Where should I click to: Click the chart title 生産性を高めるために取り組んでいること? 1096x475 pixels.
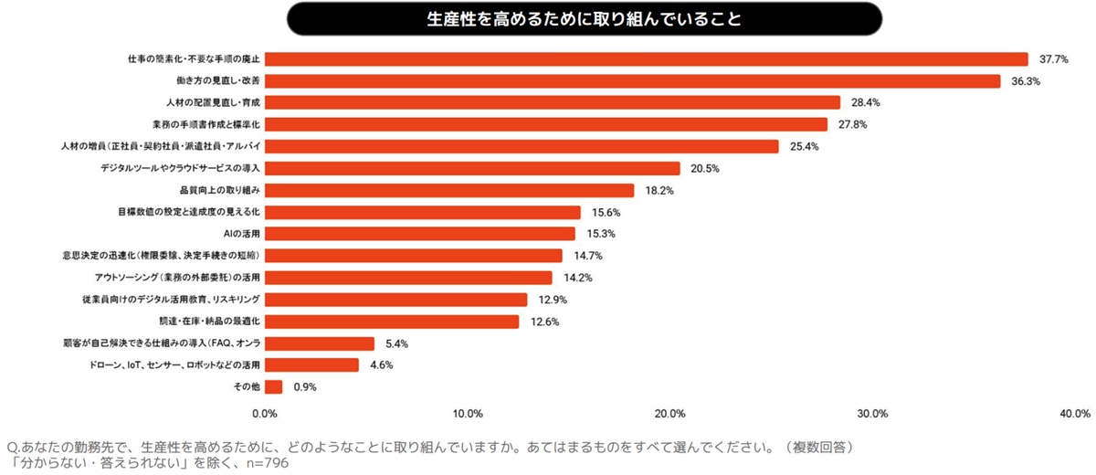pyautogui.click(x=585, y=18)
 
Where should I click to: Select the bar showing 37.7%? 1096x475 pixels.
pyautogui.click(x=647, y=59)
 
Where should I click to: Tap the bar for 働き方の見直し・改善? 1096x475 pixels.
pyautogui.click(x=632, y=81)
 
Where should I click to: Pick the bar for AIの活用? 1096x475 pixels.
pyautogui.click(x=420, y=234)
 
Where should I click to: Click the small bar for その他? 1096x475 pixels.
pyautogui.click(x=273, y=387)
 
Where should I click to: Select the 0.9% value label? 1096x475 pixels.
pyautogui.click(x=305, y=387)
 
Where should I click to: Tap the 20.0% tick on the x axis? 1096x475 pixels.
pyautogui.click(x=670, y=414)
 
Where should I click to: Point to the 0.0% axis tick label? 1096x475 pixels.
pyautogui.click(x=265, y=414)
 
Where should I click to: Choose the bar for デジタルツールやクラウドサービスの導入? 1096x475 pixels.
pyautogui.click(x=472, y=168)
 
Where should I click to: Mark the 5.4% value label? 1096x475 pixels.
pyautogui.click(x=396, y=343)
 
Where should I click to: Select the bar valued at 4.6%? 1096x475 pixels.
pyautogui.click(x=311, y=365)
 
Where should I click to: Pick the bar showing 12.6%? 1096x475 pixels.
pyautogui.click(x=392, y=322)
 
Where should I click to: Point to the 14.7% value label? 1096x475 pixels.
pyautogui.click(x=587, y=256)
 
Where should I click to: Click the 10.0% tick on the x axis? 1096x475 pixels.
pyautogui.click(x=468, y=414)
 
